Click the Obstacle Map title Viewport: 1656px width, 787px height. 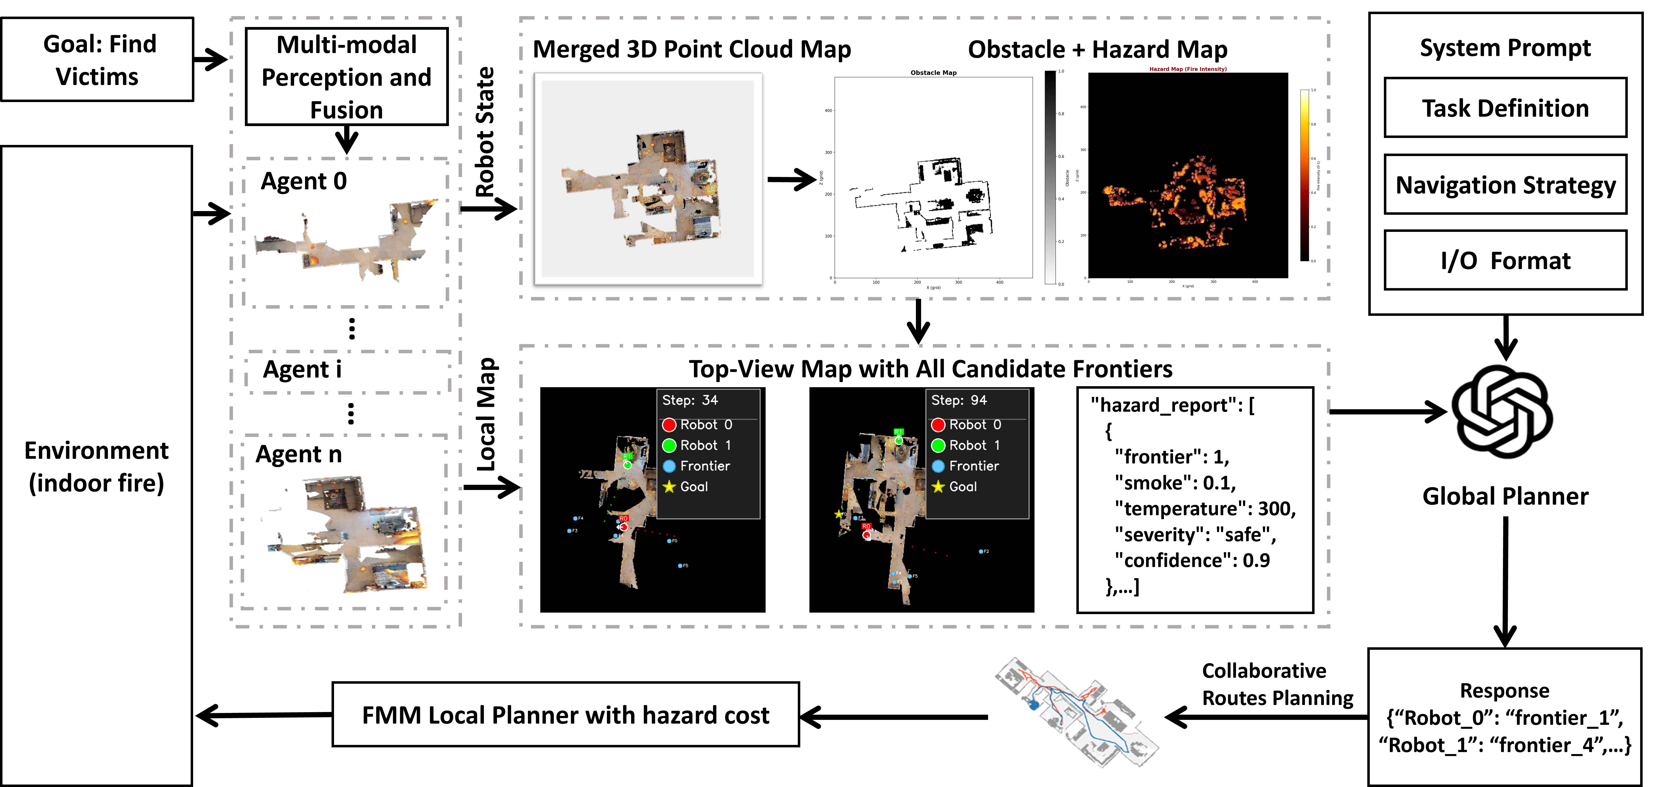(x=933, y=73)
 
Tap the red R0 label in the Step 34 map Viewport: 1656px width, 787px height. (x=623, y=518)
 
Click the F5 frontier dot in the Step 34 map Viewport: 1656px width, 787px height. (x=680, y=566)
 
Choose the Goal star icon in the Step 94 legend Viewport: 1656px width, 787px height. (x=938, y=487)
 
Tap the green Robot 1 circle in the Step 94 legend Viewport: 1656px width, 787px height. (x=938, y=446)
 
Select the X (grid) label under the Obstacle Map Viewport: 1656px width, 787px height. (x=933, y=287)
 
